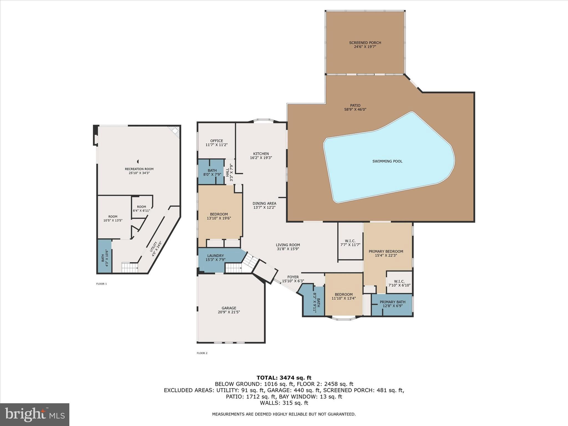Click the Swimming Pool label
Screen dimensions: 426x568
(387, 161)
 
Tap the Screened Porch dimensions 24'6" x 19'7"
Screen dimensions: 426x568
(365, 47)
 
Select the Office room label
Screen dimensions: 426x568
(216, 141)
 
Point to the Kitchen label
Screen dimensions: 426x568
(261, 154)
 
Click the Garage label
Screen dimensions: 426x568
(229, 308)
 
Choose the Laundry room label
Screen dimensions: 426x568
(215, 256)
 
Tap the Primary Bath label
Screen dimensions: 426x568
(392, 302)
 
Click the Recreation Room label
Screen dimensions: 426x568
(139, 169)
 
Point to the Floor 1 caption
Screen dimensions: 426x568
(101, 284)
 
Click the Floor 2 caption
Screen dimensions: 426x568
(202, 353)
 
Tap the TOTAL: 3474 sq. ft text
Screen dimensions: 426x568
(284, 377)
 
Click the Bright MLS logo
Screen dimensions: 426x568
(35, 414)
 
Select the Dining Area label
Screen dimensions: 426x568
(264, 203)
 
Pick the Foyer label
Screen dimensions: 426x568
(293, 277)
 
